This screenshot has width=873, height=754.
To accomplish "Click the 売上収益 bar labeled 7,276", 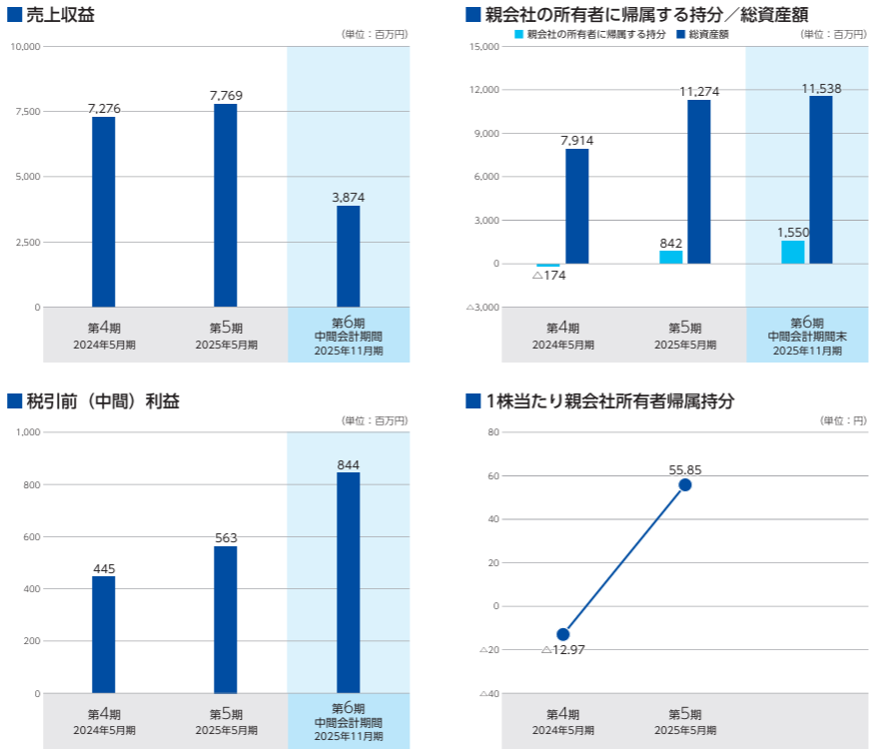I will [x=103, y=212].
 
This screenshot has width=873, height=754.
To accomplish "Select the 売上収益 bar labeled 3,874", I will [x=348, y=257].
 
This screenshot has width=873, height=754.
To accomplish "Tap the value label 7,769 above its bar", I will [x=226, y=95].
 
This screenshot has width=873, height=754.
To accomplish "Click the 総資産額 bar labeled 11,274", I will [x=699, y=182].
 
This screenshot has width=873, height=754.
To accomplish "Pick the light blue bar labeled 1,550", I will [x=792, y=252].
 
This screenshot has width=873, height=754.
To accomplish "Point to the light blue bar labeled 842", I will [x=670, y=257].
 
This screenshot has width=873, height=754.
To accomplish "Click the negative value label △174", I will [x=549, y=275].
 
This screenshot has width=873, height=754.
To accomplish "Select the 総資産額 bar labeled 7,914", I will [x=576, y=206].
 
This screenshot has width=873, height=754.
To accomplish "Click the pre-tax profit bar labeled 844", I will [x=348, y=582].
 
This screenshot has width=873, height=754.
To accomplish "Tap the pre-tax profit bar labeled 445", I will [x=103, y=634].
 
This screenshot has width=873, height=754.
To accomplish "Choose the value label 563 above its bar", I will [x=226, y=538].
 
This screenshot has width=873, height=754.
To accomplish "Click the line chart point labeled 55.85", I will [x=685, y=484].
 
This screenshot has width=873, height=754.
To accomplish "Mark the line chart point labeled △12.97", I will [x=563, y=634].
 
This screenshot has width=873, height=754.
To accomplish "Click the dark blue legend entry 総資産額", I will [x=707, y=34].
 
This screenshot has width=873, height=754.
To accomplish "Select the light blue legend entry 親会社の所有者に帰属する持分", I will [x=589, y=34].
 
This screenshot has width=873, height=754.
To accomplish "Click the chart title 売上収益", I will [x=60, y=14].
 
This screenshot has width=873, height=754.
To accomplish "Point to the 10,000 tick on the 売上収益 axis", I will [x=24, y=47].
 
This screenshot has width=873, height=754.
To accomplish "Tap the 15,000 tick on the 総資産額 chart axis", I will [x=483, y=47].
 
